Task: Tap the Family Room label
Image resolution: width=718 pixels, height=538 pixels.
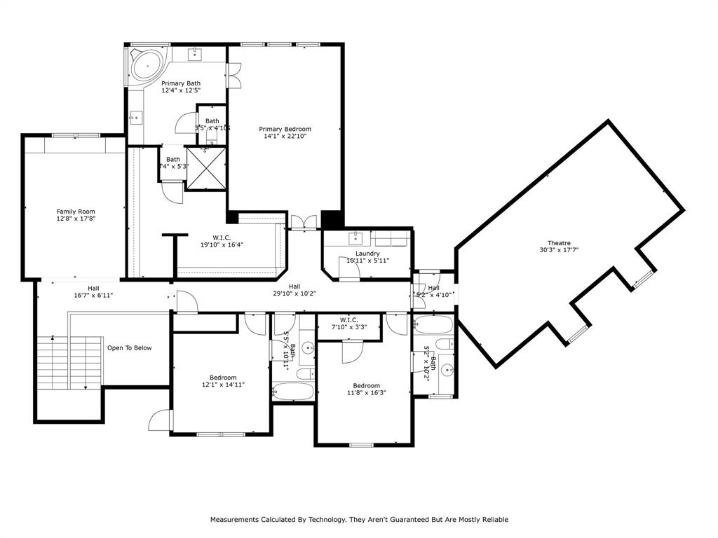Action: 76,212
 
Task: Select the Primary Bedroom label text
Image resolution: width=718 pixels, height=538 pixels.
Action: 285,129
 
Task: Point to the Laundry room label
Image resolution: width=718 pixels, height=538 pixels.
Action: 367,254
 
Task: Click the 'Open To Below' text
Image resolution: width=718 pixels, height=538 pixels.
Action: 129,348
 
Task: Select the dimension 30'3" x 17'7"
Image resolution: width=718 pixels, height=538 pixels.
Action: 559,250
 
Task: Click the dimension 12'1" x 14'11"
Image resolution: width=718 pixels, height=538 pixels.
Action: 223,385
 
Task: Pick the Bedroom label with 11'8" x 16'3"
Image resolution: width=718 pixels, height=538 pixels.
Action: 366,386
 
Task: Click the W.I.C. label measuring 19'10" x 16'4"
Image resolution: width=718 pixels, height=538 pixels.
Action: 222,237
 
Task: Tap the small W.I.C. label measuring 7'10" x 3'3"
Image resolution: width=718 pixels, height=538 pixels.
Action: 349,320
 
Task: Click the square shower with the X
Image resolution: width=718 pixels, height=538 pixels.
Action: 206,168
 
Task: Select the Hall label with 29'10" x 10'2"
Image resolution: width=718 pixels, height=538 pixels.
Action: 294,287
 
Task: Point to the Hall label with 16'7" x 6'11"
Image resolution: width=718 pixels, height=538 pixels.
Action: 93,288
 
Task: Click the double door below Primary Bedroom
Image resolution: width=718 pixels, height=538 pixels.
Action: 303,221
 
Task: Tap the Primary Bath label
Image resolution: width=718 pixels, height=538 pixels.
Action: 181,83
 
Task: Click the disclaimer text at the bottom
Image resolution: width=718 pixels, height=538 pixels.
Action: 359,520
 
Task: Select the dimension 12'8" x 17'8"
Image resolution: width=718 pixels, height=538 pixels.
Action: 76,219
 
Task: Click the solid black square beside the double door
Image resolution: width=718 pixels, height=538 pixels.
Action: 330,219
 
